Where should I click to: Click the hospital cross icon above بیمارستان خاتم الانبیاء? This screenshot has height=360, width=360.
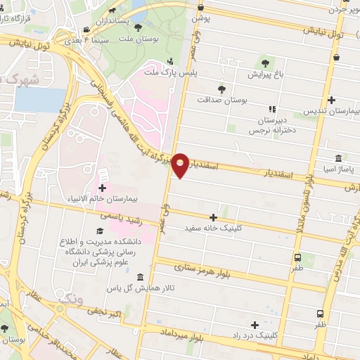coord(103,188)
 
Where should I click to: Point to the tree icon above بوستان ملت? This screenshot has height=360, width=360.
coord(139,28)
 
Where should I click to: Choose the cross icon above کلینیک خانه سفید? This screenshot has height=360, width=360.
coord(213,217)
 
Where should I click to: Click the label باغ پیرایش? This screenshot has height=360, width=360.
coord(265,74)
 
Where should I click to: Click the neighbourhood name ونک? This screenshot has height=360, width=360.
coord(70,300)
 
